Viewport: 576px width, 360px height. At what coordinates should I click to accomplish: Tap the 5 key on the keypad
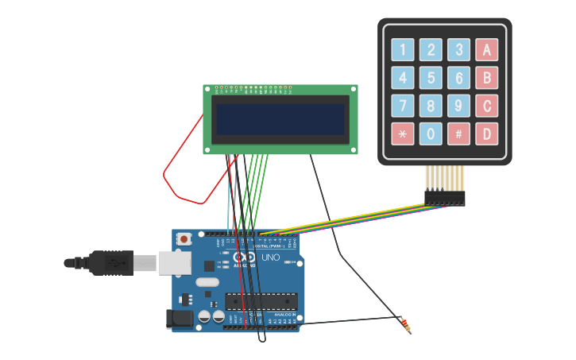[x=431, y=78]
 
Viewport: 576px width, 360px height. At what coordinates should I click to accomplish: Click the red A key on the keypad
[x=486, y=50]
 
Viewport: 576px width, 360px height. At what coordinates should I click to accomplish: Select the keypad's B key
[x=486, y=78]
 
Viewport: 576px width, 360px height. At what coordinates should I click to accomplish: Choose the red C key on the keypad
[x=486, y=106]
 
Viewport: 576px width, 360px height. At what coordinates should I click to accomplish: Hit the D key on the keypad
[x=486, y=134]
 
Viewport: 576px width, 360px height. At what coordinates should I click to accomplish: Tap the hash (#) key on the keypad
[x=458, y=134]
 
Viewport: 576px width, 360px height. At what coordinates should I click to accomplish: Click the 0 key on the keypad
[x=431, y=134]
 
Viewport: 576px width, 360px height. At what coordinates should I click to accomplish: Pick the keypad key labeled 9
[x=458, y=106]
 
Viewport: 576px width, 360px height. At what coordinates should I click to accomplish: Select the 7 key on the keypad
[x=403, y=106]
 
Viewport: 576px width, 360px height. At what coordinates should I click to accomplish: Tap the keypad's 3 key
[x=458, y=50]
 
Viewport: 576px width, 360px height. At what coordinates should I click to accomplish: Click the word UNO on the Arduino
[x=270, y=257]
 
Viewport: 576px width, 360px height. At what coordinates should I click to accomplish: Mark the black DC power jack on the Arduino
[x=180, y=319]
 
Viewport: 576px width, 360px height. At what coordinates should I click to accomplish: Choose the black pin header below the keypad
[x=445, y=197]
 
